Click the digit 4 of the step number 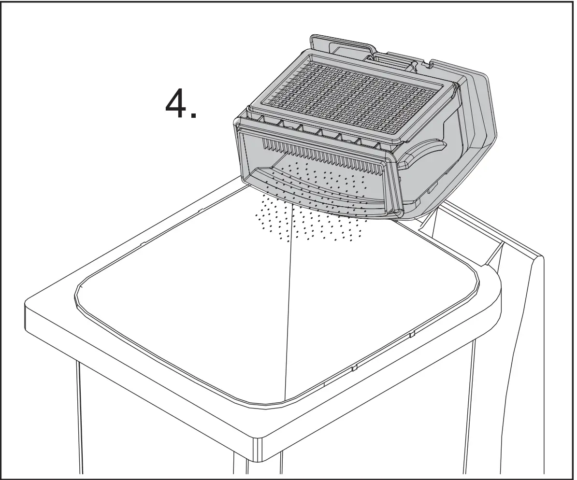[x=177, y=104]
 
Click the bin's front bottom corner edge [x=259, y=449]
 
